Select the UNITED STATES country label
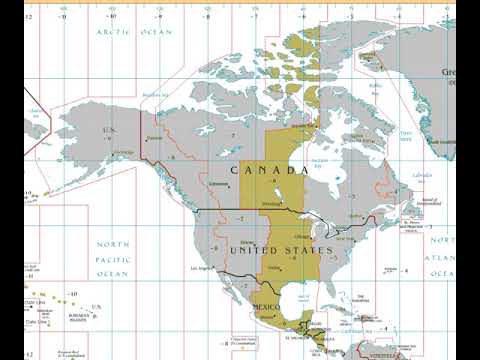pos(280,250)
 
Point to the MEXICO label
pos(269,304)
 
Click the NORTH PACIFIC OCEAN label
pos(112,259)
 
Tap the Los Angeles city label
pos(201,268)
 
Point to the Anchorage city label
pos(124,152)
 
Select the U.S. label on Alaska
pos(110,129)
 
